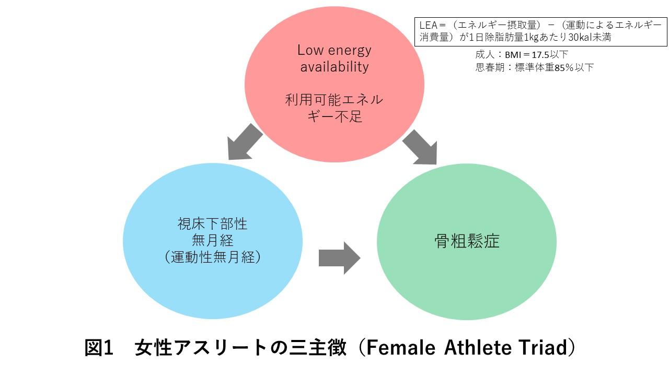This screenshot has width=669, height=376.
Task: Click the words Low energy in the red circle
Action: (334, 50)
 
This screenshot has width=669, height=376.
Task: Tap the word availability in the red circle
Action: (334, 66)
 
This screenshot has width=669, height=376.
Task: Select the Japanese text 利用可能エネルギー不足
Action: (334, 108)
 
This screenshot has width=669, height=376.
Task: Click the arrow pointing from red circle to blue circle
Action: (244, 143)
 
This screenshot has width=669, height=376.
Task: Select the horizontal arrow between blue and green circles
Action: (340, 258)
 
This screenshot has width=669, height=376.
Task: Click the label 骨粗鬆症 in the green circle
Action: (467, 241)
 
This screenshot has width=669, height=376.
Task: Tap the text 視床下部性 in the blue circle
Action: (212, 224)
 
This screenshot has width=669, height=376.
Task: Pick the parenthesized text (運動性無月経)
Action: (213, 257)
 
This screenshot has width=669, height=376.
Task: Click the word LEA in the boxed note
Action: (428, 25)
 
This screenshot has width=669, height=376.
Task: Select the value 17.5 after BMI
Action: (540, 55)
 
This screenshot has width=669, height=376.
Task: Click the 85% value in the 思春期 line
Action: (564, 68)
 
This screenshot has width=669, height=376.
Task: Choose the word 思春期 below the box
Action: (490, 67)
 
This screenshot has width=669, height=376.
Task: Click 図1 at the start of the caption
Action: (99, 347)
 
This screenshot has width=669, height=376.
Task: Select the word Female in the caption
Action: (401, 347)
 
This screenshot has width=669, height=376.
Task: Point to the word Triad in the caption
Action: (541, 347)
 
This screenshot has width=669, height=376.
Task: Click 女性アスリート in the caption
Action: (201, 347)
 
